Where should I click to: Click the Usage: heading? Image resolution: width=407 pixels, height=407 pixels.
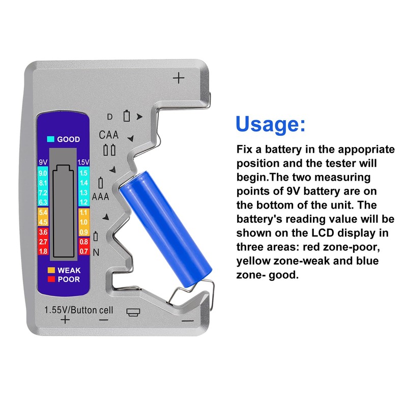[x=271, y=124]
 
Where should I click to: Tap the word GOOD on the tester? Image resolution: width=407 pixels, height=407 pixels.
[x=68, y=139]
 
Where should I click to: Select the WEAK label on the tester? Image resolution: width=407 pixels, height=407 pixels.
[x=69, y=270]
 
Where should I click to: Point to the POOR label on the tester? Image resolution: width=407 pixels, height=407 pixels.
[x=69, y=279]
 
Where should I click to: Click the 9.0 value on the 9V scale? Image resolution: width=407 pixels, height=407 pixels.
[x=43, y=173]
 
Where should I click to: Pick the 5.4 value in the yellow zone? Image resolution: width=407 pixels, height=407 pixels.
[x=43, y=212]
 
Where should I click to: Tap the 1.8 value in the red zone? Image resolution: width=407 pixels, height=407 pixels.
[x=43, y=251]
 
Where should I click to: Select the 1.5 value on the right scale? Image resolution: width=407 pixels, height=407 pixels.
[x=83, y=173]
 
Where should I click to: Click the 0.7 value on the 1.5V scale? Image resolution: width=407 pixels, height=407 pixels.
[x=83, y=251]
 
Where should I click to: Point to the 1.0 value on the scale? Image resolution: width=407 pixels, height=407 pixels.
[x=83, y=222]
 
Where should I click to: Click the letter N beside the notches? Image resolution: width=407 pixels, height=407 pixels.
[x=96, y=252]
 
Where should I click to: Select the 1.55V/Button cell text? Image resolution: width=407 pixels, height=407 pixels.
[x=79, y=310]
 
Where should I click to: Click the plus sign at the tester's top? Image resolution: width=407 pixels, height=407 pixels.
[x=178, y=78]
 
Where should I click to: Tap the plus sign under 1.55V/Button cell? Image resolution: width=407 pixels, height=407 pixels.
[x=65, y=319]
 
